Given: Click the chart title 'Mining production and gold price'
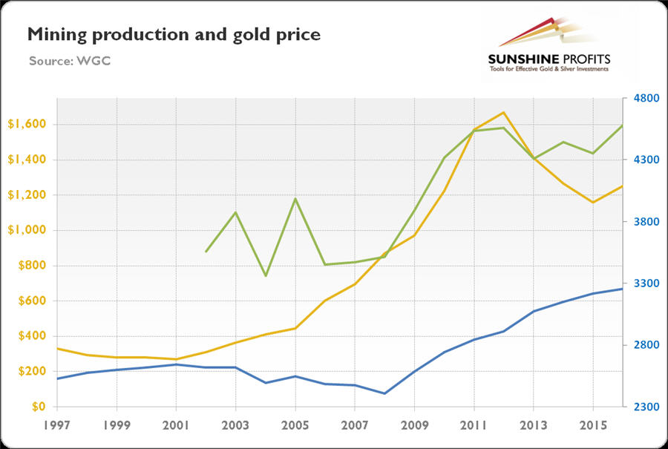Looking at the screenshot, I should click(174, 34).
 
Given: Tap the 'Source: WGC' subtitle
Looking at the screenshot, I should click(69, 60).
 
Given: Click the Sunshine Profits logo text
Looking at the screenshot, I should click(549, 59).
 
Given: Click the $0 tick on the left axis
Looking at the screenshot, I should click(36, 407).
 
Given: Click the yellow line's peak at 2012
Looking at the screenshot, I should click(504, 113).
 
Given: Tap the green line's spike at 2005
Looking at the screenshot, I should click(295, 199).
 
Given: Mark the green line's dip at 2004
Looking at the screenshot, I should click(266, 276).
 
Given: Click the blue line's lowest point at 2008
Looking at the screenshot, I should click(384, 393).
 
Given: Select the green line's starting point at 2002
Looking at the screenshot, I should click(206, 252).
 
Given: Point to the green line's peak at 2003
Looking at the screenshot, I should click(236, 212).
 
